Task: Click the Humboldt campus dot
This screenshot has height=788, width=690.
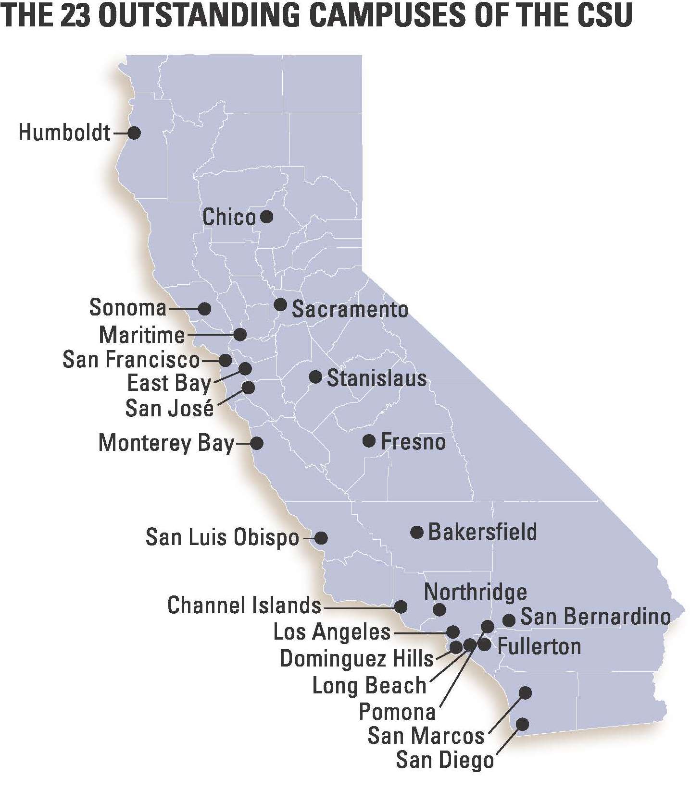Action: [x=134, y=133]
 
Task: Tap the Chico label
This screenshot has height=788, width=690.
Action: [x=229, y=217]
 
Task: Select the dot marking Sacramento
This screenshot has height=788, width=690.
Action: [x=280, y=304]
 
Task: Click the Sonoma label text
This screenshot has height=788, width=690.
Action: [x=128, y=307]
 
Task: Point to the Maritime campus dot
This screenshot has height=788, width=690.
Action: [x=240, y=334]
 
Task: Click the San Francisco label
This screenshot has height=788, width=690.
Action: [x=131, y=360]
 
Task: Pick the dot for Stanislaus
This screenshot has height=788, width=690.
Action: [x=315, y=377]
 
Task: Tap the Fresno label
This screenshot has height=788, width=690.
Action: [x=413, y=442]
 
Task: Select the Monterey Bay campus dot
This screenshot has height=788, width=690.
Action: [x=257, y=443]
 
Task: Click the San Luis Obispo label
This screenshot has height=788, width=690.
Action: [x=222, y=537]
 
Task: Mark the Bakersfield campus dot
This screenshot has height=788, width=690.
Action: [x=417, y=532]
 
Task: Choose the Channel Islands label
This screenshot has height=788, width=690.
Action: [x=244, y=605]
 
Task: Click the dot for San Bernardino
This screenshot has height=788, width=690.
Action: [x=509, y=620]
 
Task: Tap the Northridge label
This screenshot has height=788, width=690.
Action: [x=475, y=593]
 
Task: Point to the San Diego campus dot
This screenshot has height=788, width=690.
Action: [x=522, y=724]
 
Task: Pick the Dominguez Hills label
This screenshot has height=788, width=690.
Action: [x=356, y=658]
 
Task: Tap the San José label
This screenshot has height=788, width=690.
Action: [x=169, y=408]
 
